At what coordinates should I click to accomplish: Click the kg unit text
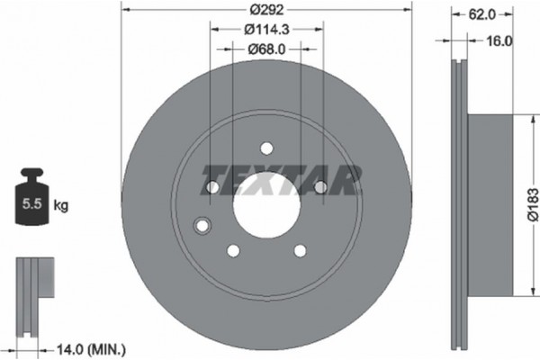tap(61, 206)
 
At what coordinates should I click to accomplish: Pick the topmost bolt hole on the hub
tap(265, 148)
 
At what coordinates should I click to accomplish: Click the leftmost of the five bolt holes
tap(211, 187)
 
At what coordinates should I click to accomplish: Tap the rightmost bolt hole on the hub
tap(319, 186)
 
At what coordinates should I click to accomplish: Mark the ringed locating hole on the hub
tap(202, 224)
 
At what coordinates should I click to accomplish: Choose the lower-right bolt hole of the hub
tap(299, 250)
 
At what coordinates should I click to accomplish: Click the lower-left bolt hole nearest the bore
tap(232, 250)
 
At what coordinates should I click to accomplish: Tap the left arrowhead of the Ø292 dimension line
tap(124, 12)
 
